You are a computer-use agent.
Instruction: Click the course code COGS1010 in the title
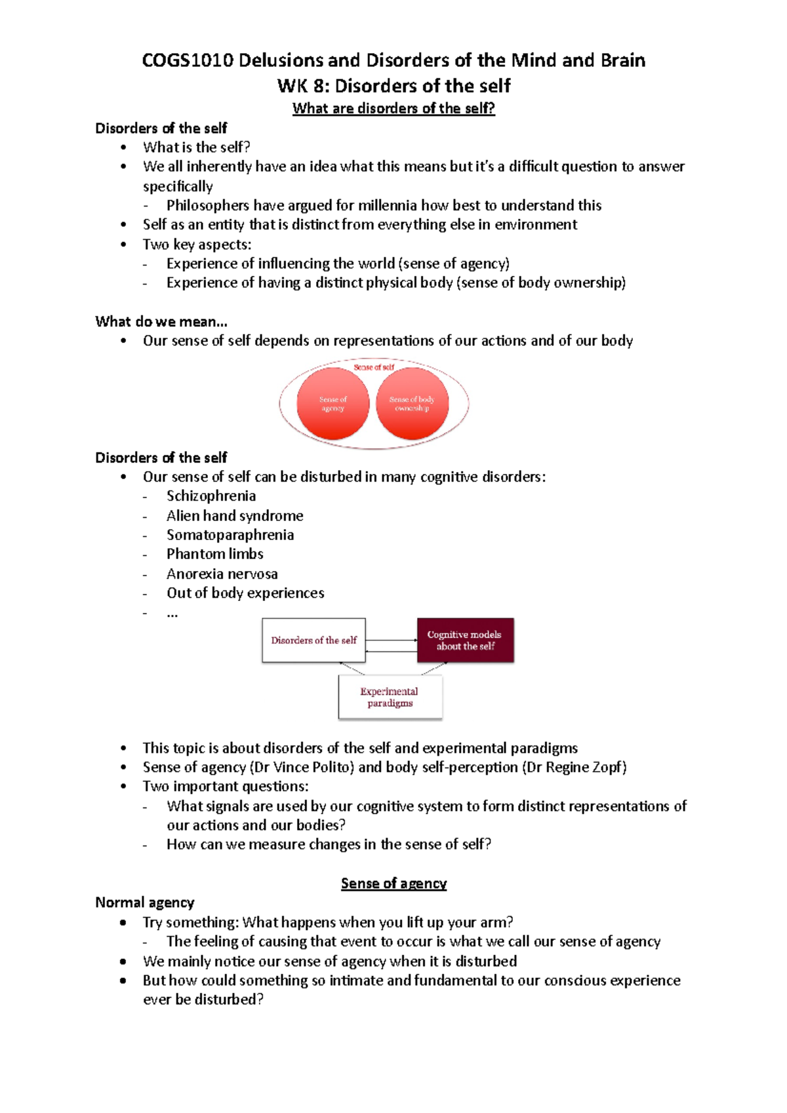[x=188, y=60]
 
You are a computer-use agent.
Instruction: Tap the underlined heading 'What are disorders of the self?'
[x=393, y=108]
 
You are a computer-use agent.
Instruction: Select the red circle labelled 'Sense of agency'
[x=333, y=404]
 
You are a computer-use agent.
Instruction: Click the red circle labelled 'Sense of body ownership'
[x=412, y=404]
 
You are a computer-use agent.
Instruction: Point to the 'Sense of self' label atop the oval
[x=374, y=367]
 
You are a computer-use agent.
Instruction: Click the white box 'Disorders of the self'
[x=313, y=640]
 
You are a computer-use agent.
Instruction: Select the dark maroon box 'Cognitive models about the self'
[x=465, y=640]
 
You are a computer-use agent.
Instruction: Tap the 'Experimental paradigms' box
[x=390, y=697]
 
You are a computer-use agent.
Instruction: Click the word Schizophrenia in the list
[x=211, y=496]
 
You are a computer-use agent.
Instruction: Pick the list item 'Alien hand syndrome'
[x=235, y=516]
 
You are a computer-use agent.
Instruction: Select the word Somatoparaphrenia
[x=230, y=535]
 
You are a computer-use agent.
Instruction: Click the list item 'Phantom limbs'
[x=215, y=555]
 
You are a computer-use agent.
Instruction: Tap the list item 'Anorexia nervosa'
[x=222, y=574]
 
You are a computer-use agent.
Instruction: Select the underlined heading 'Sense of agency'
[x=393, y=884]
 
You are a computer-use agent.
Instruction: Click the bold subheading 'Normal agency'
[x=145, y=903]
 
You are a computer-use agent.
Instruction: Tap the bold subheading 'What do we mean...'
[x=161, y=322]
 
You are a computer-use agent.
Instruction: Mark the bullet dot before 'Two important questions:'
[x=124, y=787]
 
